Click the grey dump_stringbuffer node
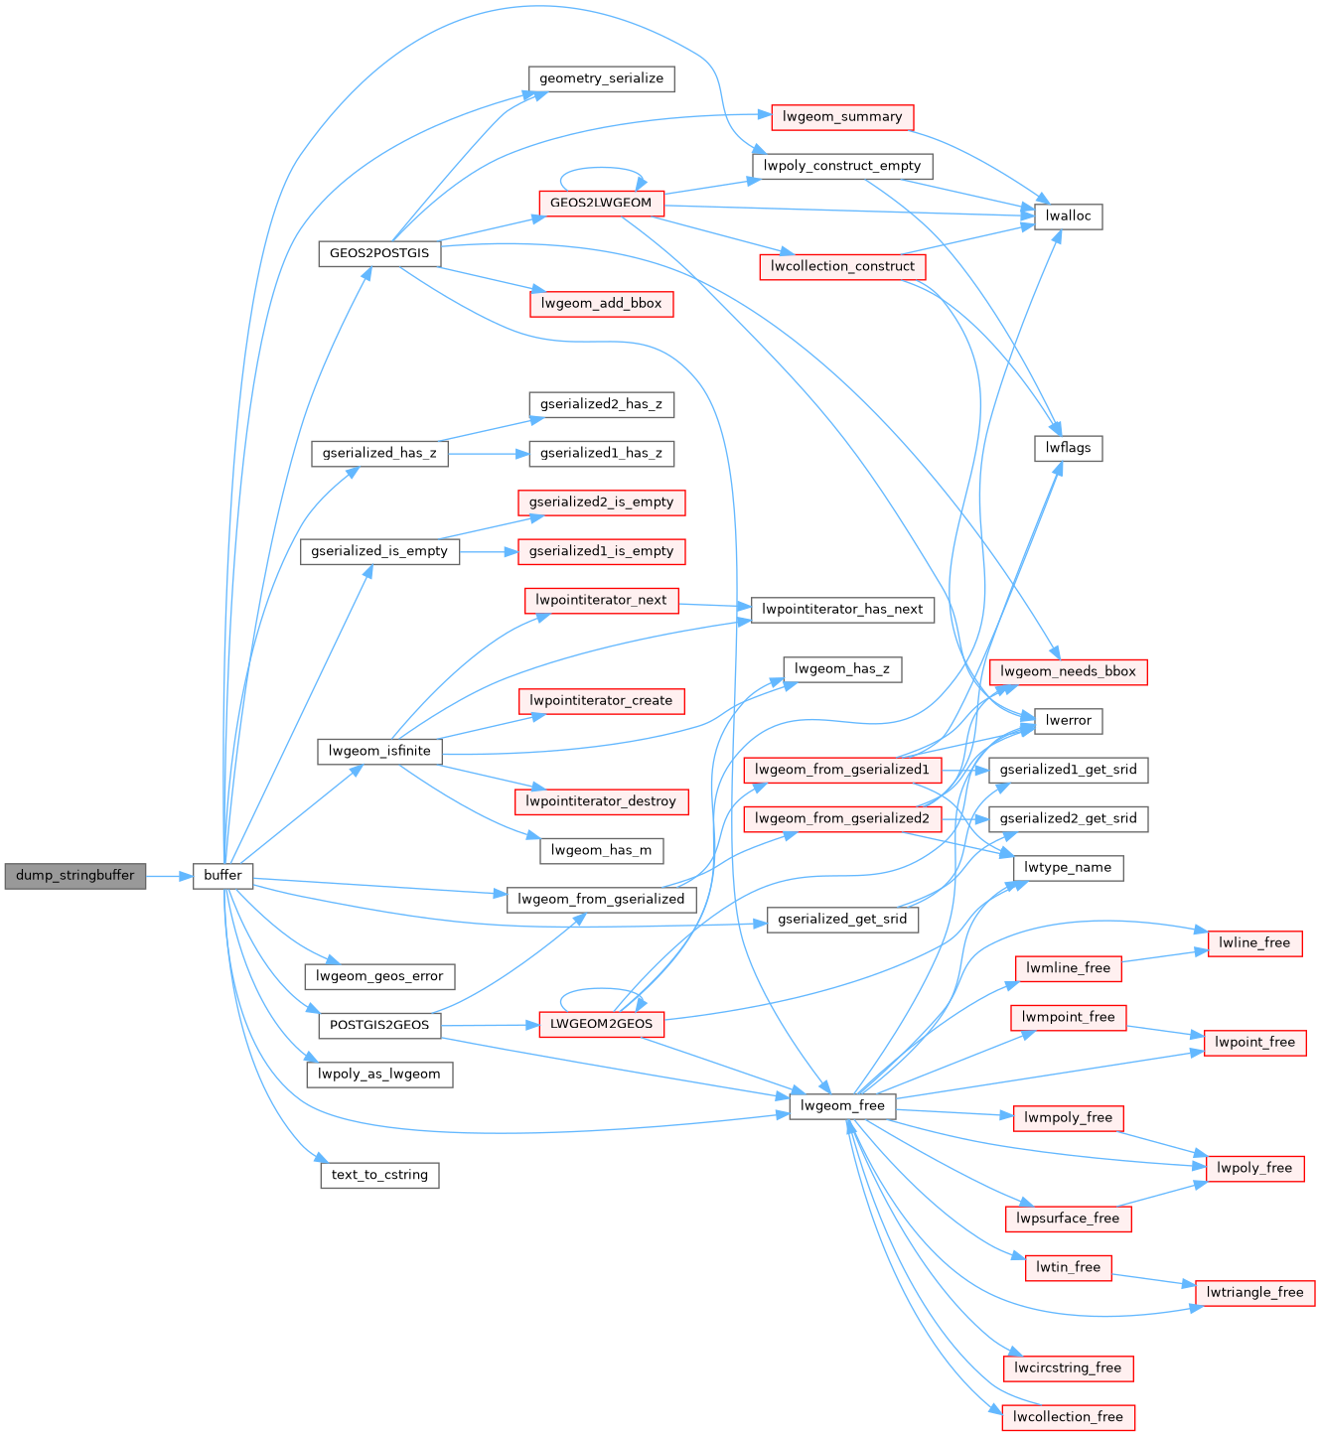point(75,876)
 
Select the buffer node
point(222,876)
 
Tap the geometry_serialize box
point(601,78)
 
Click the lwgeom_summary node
point(842,117)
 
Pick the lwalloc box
point(1068,216)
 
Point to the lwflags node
point(1068,448)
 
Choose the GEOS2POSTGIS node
point(378,253)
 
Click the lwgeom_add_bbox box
point(601,304)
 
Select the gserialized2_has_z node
point(601,404)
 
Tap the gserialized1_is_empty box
point(601,551)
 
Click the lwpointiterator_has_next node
point(842,610)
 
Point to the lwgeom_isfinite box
point(379,751)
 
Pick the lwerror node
point(1068,721)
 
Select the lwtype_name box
point(1068,868)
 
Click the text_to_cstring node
point(379,1175)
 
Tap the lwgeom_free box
point(842,1106)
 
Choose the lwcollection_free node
point(1068,1417)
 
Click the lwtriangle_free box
point(1254,1292)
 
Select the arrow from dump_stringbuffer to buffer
point(170,876)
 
